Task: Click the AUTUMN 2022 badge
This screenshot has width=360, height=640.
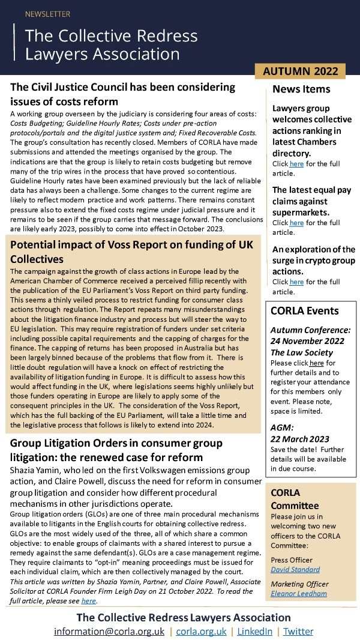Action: [301, 71]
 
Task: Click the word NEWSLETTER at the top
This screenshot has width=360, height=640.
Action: [47, 14]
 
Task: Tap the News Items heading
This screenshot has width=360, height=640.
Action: [301, 89]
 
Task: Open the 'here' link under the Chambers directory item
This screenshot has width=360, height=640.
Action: [296, 163]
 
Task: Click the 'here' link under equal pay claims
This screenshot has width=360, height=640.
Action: [297, 223]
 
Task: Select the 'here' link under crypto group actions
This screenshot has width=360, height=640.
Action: [296, 282]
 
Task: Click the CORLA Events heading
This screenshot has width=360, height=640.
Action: [305, 311]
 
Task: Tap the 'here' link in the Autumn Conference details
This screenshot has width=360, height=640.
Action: [316, 363]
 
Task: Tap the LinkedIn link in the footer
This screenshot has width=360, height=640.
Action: [254, 631]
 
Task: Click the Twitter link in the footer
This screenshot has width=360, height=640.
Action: [298, 631]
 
